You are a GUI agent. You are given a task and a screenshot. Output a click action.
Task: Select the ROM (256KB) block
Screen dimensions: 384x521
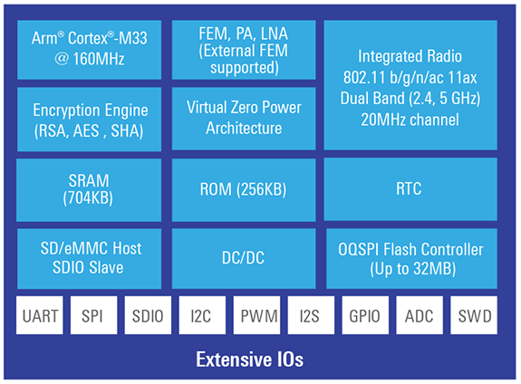pyautogui.click(x=244, y=190)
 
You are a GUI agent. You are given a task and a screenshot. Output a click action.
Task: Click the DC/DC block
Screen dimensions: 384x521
pyautogui.click(x=244, y=258)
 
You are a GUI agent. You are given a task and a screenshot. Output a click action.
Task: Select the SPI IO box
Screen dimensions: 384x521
pyautogui.click(x=93, y=317)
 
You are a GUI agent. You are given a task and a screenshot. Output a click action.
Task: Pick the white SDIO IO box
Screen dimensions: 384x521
pyautogui.click(x=148, y=317)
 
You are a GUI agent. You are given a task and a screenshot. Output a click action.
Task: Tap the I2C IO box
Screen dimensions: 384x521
pyautogui.click(x=202, y=317)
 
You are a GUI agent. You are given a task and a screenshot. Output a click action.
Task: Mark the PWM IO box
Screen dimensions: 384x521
pyautogui.click(x=257, y=317)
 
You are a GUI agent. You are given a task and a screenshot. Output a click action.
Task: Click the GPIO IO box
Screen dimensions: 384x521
pyautogui.click(x=366, y=317)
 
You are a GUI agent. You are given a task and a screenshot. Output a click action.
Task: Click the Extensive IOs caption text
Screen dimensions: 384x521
pyautogui.click(x=250, y=360)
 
